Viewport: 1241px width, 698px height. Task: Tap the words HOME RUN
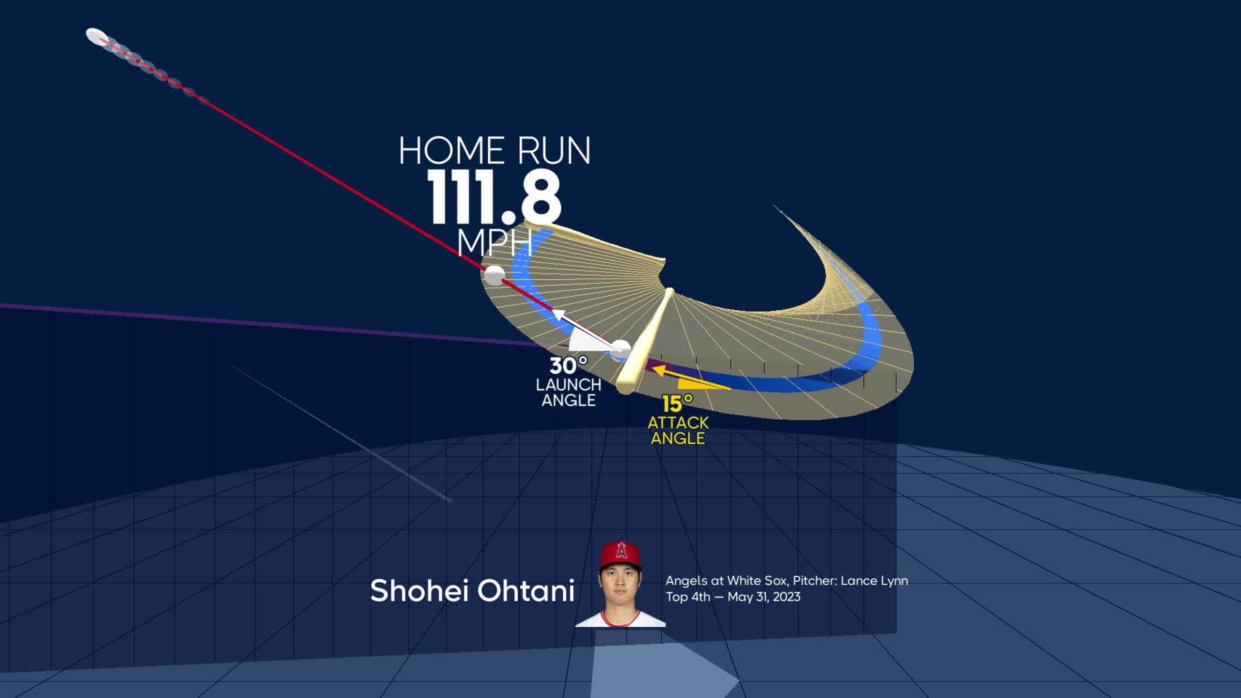[494, 151]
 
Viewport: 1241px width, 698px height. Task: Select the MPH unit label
[494, 242]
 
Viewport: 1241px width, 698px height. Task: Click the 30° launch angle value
[569, 365]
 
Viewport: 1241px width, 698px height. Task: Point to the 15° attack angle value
[677, 403]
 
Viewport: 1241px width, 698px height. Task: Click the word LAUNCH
[569, 385]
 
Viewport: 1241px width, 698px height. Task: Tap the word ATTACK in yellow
[678, 423]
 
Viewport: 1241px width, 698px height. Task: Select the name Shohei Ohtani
[472, 591]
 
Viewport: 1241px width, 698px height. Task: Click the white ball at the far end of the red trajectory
[96, 36]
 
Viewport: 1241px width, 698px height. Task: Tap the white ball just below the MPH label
[494, 275]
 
